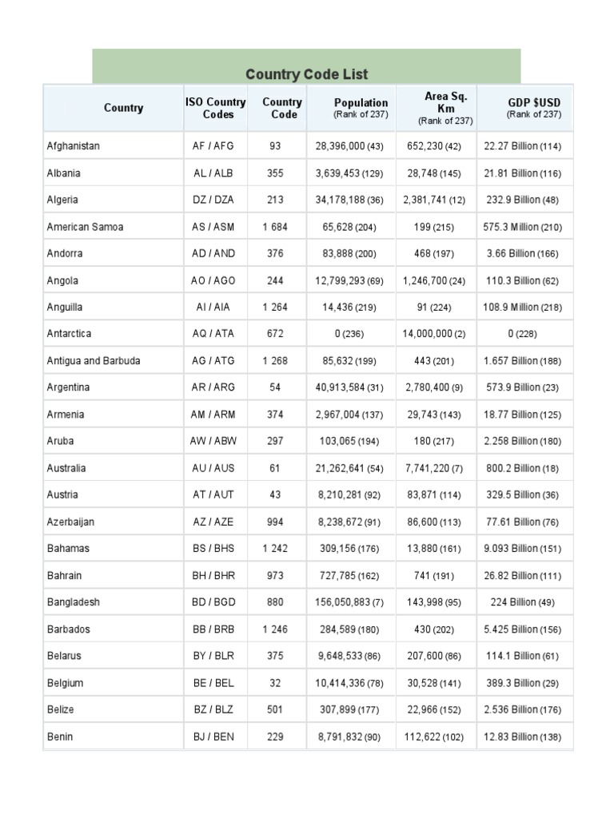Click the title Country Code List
coord(307,74)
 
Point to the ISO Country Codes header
coord(215,109)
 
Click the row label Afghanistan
coord(74,146)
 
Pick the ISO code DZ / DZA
coord(213,200)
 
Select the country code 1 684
coord(276,227)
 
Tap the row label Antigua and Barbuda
coord(94,361)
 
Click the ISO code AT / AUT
coord(213,495)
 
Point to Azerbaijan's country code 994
coord(276,522)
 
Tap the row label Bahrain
coord(65,575)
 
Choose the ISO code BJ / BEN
coord(213,737)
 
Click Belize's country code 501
coord(276,709)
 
